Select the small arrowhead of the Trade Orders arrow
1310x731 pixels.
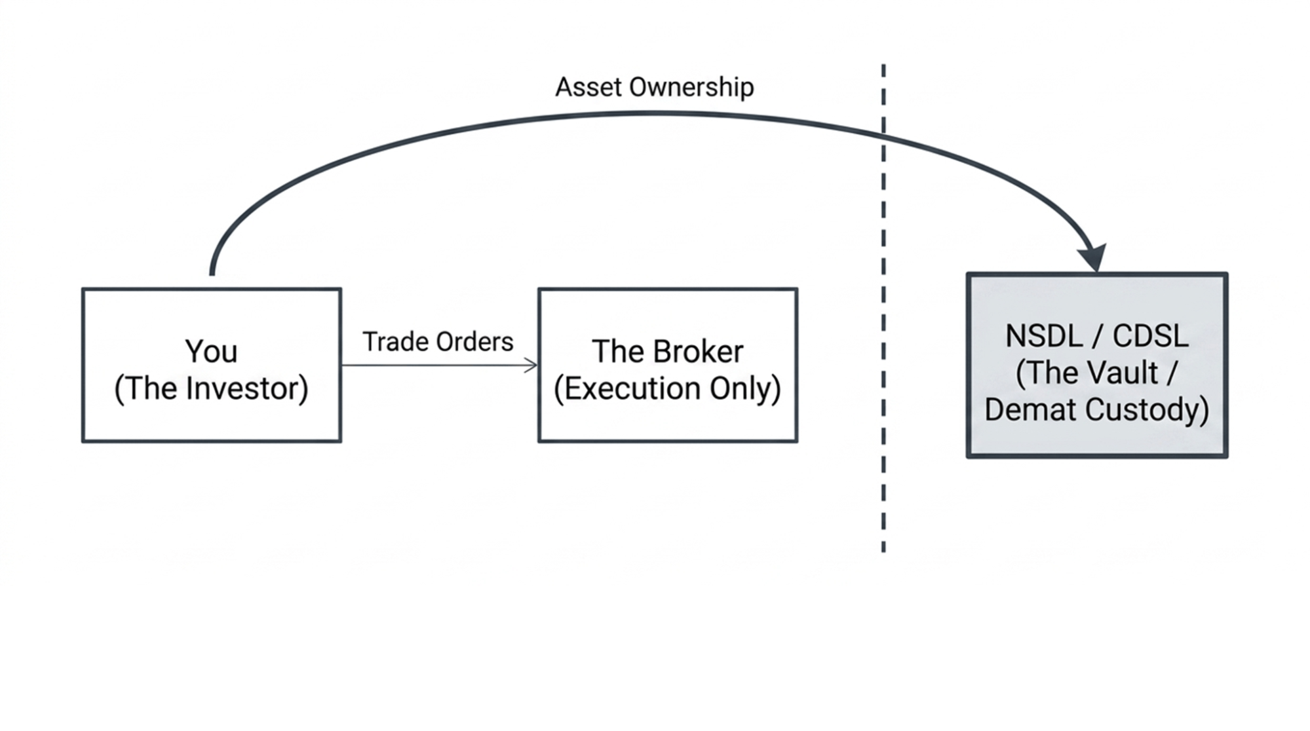pyautogui.click(x=531, y=365)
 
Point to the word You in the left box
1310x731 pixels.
pyautogui.click(x=211, y=352)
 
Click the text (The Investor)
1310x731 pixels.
pyautogui.click(x=211, y=388)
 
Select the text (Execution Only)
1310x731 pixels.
pyautogui.click(x=667, y=388)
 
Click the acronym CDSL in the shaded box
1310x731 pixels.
pyautogui.click(x=1150, y=337)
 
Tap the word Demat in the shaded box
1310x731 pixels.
pyautogui.click(x=1031, y=411)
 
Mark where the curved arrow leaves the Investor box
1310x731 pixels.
pyautogui.click(x=212, y=272)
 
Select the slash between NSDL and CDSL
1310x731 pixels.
pyautogui.click(x=1096, y=337)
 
